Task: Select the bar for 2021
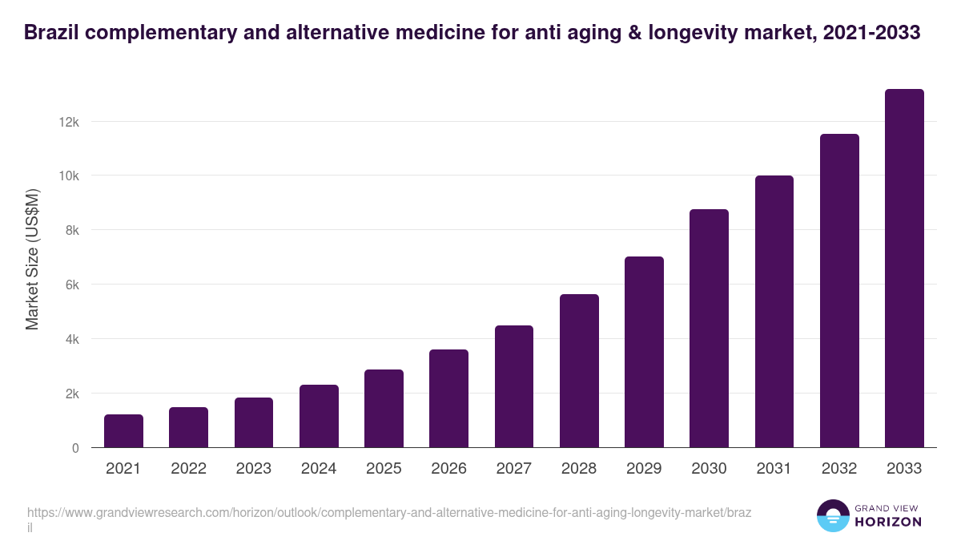point(123,431)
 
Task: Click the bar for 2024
point(319,416)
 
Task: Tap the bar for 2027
point(514,386)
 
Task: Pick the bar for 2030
point(709,329)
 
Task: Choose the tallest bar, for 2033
point(904,268)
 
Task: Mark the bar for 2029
point(644,352)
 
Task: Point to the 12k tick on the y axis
point(70,122)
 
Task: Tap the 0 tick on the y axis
point(75,448)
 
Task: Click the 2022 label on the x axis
point(188,469)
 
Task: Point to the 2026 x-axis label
point(448,469)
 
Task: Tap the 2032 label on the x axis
point(839,469)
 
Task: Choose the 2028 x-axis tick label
point(579,469)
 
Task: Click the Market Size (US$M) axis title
point(32,259)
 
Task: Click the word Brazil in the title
point(50,32)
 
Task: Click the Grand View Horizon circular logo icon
point(833,515)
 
